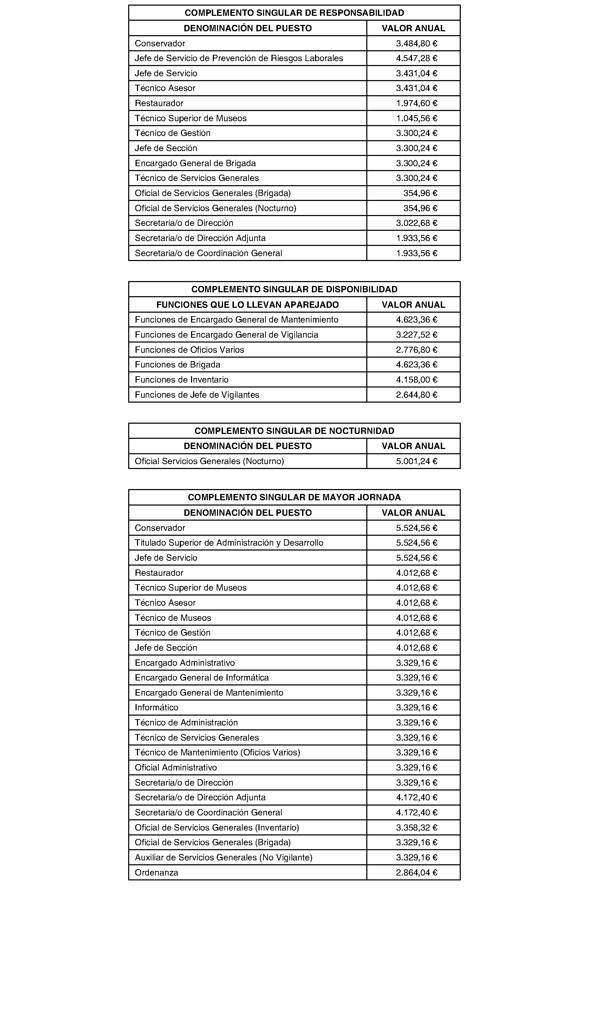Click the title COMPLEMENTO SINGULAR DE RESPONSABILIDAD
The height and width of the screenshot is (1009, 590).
point(294,13)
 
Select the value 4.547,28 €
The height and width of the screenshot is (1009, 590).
point(416,58)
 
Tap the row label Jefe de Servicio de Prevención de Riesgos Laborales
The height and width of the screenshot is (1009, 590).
point(239,58)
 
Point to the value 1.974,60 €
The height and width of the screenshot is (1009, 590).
point(416,103)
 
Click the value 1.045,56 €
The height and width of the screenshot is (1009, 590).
point(416,118)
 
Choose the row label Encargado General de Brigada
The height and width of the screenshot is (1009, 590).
point(195,163)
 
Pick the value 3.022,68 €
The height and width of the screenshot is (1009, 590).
point(416,223)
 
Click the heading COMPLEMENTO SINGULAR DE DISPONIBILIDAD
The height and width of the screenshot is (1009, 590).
point(294,289)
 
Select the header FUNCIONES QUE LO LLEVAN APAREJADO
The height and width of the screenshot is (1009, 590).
point(247,305)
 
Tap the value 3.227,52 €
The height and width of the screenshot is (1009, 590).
point(416,335)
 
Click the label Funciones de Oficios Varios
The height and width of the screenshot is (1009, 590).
point(189,350)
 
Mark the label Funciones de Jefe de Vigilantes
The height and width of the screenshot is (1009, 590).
point(197,395)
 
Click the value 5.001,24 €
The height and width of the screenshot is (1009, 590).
point(416,461)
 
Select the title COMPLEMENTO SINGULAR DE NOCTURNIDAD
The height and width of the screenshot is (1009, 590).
point(294,431)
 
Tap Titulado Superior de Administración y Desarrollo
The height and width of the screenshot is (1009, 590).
point(229,543)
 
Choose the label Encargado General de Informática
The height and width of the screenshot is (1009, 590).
point(202,678)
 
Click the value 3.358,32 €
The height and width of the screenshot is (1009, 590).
point(416,828)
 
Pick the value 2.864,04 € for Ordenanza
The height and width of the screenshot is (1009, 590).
point(416,873)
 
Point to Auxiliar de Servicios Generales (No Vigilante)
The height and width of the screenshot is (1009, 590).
point(223,858)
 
